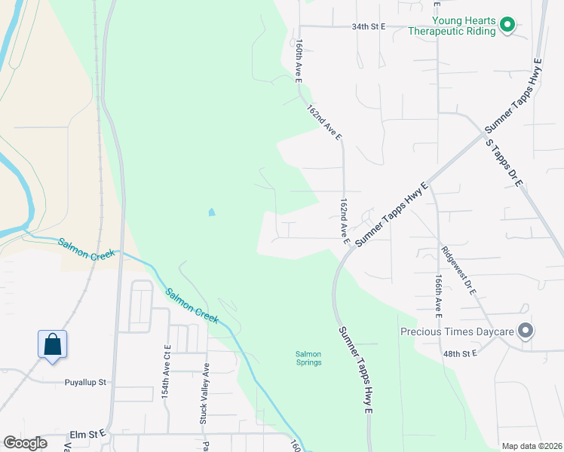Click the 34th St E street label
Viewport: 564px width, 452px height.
coord(368,26)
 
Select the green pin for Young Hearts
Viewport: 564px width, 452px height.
coord(507,26)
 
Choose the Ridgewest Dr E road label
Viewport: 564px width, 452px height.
coord(456,269)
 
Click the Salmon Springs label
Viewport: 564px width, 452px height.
coord(308,358)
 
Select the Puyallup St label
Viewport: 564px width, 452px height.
coord(85,382)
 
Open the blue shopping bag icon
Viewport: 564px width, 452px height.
coord(52,345)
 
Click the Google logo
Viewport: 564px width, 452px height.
coord(26,443)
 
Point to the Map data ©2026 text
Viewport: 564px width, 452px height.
coord(532,446)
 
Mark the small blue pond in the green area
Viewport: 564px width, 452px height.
coord(211,212)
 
